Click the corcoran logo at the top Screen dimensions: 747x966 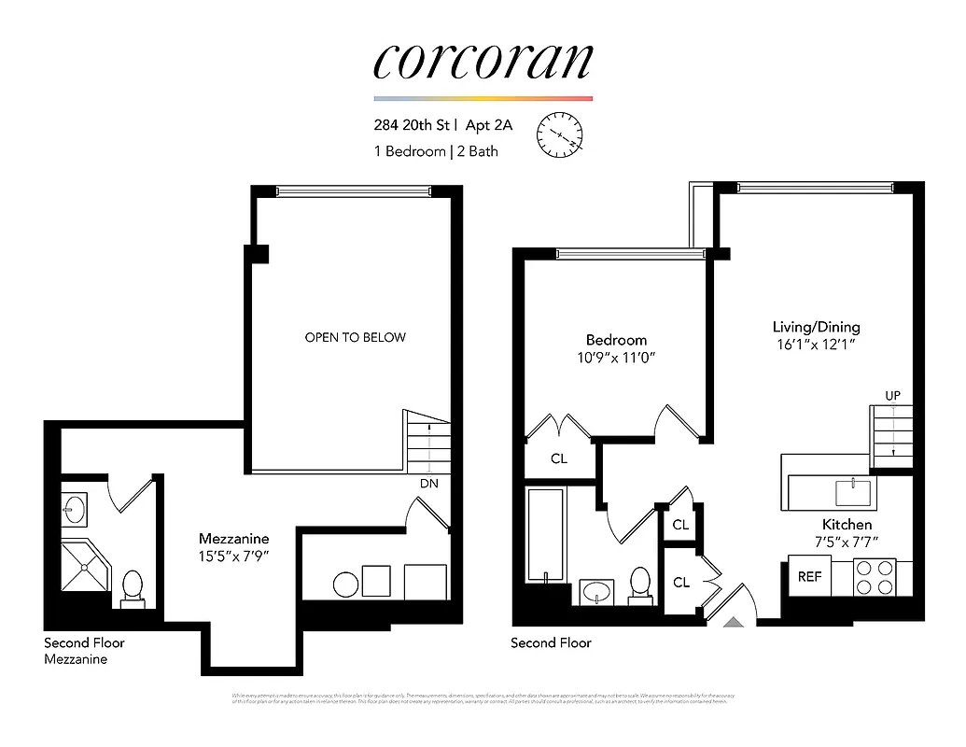[x=483, y=60]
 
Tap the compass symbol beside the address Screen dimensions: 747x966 [x=559, y=134]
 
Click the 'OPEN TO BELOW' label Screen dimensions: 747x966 [x=356, y=337]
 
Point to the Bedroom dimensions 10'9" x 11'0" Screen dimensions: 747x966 [x=616, y=358]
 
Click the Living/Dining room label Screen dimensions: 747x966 [x=816, y=327]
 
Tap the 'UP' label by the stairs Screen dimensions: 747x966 [x=892, y=396]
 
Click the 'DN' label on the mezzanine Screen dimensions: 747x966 [x=428, y=483]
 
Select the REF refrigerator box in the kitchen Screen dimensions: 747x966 [x=808, y=576]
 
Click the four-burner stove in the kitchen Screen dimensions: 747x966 [x=875, y=577]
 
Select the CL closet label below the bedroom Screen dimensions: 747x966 [x=558, y=459]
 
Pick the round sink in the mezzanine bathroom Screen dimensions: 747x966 [x=74, y=510]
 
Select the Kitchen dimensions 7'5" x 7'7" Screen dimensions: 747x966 [x=847, y=542]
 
